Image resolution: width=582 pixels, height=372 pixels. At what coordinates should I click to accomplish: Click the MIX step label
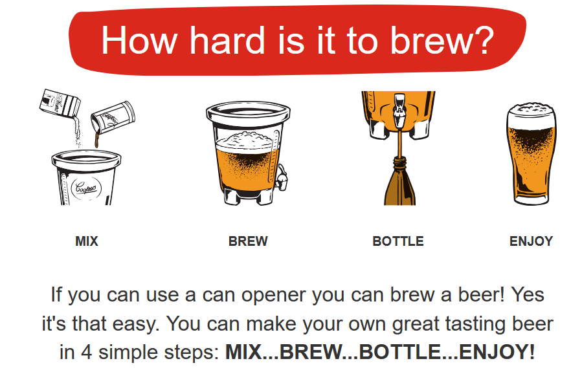(87, 241)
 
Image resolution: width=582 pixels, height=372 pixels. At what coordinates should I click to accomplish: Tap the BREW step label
(248, 241)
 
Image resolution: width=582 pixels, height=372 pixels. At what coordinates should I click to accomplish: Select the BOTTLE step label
(398, 241)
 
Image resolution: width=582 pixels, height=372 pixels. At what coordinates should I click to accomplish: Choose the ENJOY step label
(531, 241)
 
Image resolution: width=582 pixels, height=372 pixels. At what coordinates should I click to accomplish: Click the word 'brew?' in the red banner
(442, 40)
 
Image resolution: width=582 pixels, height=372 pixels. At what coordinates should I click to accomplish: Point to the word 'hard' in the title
(227, 40)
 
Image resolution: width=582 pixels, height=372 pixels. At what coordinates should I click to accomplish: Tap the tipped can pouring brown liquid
(113, 117)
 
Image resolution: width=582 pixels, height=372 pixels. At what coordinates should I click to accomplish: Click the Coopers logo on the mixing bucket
(86, 188)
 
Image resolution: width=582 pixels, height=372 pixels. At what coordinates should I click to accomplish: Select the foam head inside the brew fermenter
(244, 140)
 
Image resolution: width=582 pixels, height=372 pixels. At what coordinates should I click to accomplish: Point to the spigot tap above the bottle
(399, 109)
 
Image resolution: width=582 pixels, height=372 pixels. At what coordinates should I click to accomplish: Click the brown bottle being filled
(399, 181)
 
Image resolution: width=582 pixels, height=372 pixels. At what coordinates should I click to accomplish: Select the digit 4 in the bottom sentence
(87, 352)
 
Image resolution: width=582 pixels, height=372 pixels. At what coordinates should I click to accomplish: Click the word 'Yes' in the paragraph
(528, 295)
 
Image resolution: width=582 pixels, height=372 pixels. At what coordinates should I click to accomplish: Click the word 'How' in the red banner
(139, 40)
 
